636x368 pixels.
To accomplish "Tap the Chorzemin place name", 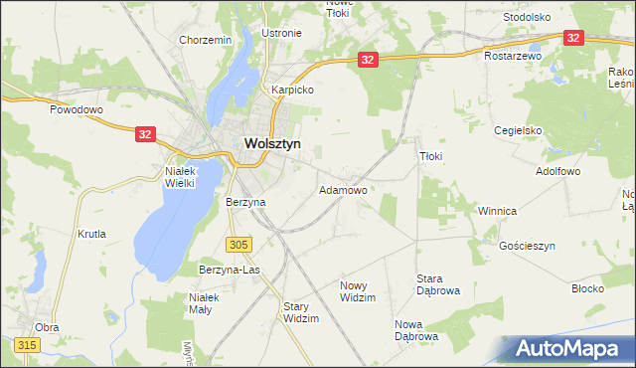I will (206, 40).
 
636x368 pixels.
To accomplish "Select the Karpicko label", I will (293, 90).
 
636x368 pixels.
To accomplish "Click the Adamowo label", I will (343, 189).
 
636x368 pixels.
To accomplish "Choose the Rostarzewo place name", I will (512, 57).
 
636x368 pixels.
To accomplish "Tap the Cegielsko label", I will (518, 130).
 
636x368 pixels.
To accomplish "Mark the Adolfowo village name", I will (557, 171).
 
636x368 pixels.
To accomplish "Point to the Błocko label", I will (588, 288).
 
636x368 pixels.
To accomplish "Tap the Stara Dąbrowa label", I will (429, 284).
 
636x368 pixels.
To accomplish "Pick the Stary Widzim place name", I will (301, 312).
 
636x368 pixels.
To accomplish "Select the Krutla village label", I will (91, 234).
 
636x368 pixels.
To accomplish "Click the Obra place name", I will (47, 327).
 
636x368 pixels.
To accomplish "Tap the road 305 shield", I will (238, 244).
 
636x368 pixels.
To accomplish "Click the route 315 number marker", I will (27, 344).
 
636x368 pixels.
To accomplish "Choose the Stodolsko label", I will (527, 17).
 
